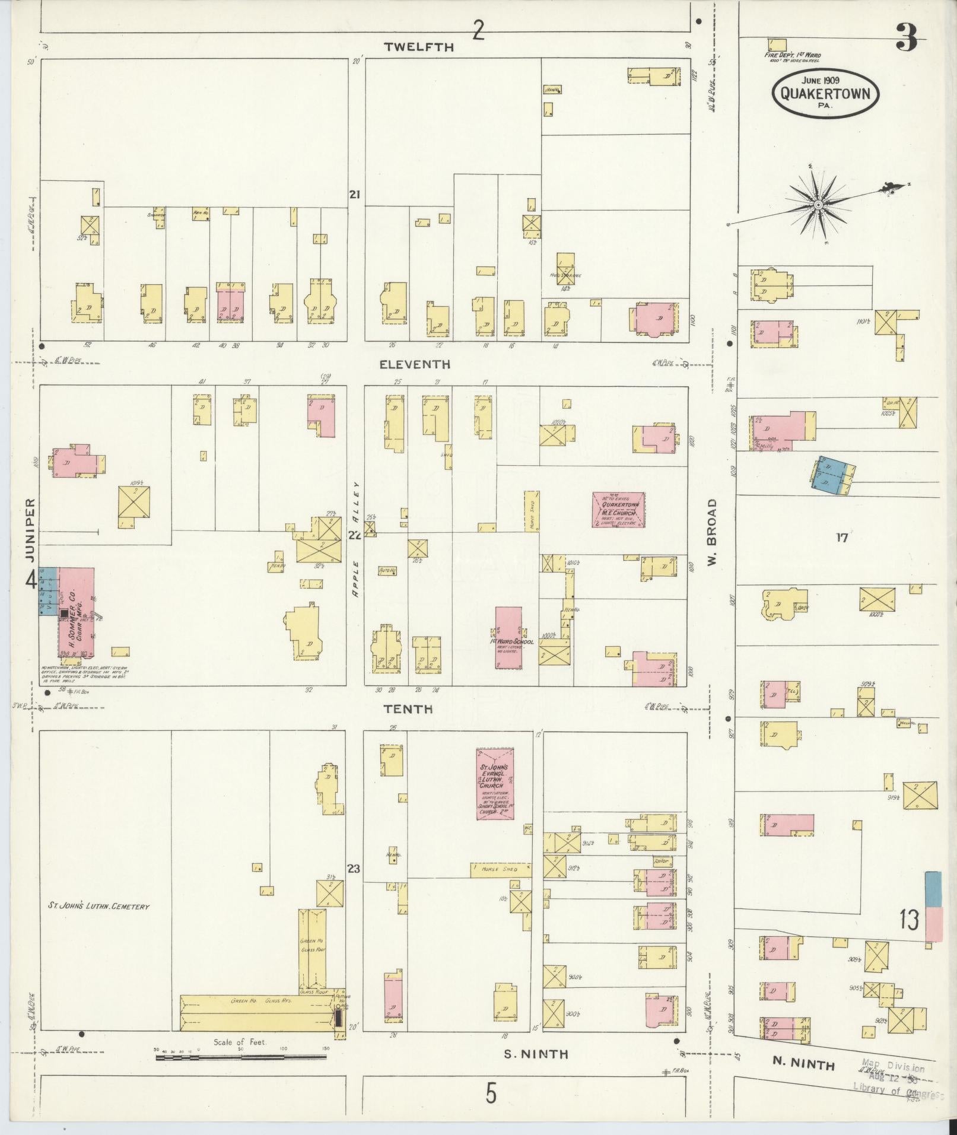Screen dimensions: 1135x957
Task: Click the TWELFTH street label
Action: pyautogui.click(x=418, y=47)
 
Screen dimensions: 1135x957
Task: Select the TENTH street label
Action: pyautogui.click(x=408, y=709)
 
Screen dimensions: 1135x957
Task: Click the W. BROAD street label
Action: pyautogui.click(x=712, y=532)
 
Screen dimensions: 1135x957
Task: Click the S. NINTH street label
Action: pyautogui.click(x=536, y=1054)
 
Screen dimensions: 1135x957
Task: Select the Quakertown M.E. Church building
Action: pyautogui.click(x=619, y=509)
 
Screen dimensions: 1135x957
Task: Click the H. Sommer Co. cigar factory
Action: pyautogui.click(x=76, y=612)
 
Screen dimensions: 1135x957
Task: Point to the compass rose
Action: pyautogui.click(x=818, y=205)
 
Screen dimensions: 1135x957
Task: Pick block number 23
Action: pyautogui.click(x=354, y=869)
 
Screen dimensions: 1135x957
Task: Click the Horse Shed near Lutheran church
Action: pyautogui.click(x=500, y=870)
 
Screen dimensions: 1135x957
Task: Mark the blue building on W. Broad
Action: pyautogui.click(x=832, y=475)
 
